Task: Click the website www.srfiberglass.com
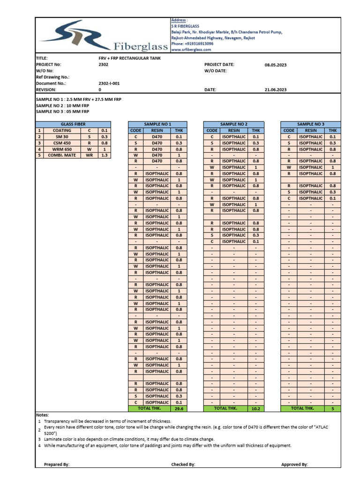[191, 49]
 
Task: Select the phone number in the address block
[192, 44]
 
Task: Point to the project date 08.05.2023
[275, 65]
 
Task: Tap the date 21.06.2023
[275, 90]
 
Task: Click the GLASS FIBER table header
[74, 125]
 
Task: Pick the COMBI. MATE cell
[62, 155]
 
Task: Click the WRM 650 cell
[62, 149]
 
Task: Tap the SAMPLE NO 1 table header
[158, 125]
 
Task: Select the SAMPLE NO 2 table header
[233, 125]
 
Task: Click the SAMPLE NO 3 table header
[311, 125]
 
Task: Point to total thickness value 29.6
[179, 409]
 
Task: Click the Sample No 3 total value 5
[332, 409]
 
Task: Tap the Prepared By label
[56, 465]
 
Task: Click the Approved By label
[294, 465]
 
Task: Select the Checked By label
[183, 465]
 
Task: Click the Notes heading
[42, 415]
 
